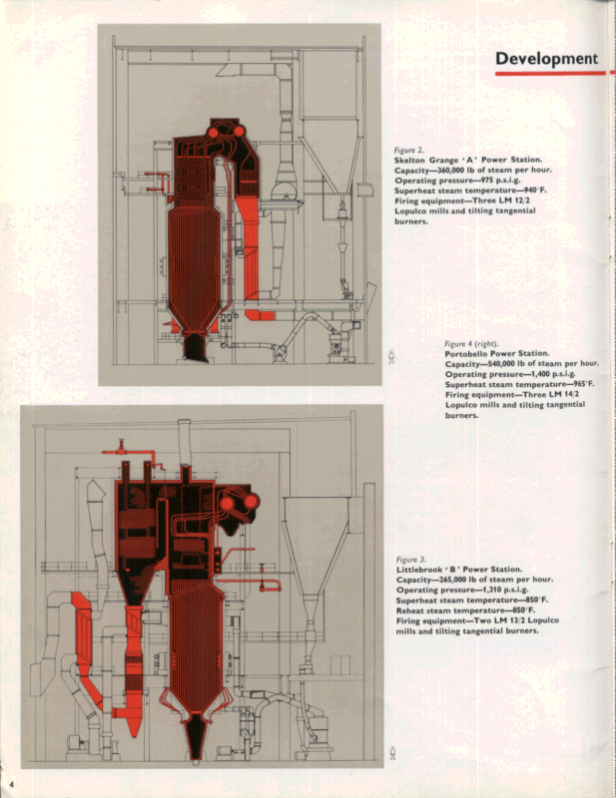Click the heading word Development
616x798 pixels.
[x=546, y=59]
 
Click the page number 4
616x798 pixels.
[x=11, y=777]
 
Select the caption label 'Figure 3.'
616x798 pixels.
[x=411, y=560]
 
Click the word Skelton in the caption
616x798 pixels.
[x=413, y=161]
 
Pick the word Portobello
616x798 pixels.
[x=470, y=353]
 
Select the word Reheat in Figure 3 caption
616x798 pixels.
[x=413, y=610]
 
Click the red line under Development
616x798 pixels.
[x=549, y=74]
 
